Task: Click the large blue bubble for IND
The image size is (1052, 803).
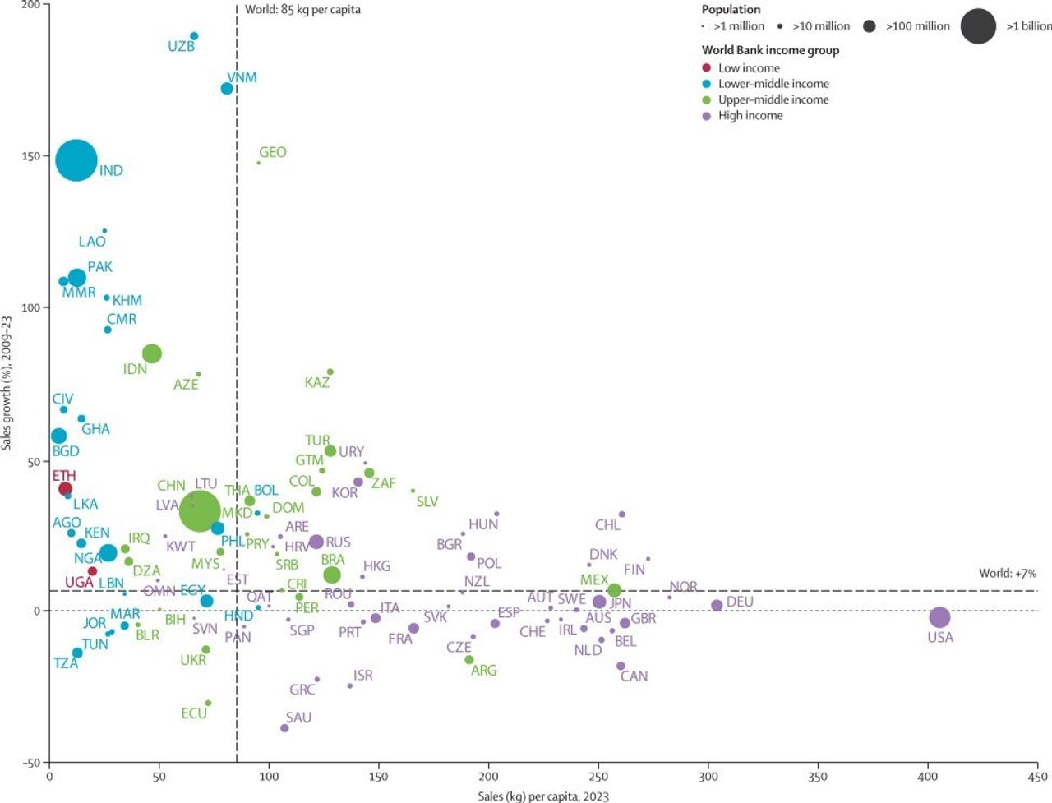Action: coord(76,160)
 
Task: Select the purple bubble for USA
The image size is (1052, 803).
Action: coord(939,617)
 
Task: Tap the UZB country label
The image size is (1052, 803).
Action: coord(181,47)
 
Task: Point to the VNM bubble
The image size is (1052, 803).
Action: coord(227,88)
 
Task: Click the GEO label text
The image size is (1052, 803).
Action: coord(273,152)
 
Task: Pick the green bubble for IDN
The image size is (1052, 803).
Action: coord(151,353)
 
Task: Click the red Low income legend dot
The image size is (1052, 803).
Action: coord(706,68)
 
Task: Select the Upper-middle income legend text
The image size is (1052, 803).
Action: coord(773,99)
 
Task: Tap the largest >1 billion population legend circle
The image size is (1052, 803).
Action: coord(977,26)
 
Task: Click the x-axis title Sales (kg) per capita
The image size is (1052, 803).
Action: coord(543,796)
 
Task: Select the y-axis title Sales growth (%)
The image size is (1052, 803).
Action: coord(7,382)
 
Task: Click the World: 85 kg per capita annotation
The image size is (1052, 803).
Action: coord(302,10)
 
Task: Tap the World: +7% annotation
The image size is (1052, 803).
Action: coord(1007,573)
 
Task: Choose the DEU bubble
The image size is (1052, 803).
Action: coord(717,605)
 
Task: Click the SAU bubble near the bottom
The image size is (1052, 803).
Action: coord(284,728)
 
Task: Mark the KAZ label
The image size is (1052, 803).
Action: coord(317,382)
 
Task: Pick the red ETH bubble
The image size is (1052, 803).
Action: coord(65,489)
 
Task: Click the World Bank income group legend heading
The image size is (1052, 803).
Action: coord(770,50)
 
